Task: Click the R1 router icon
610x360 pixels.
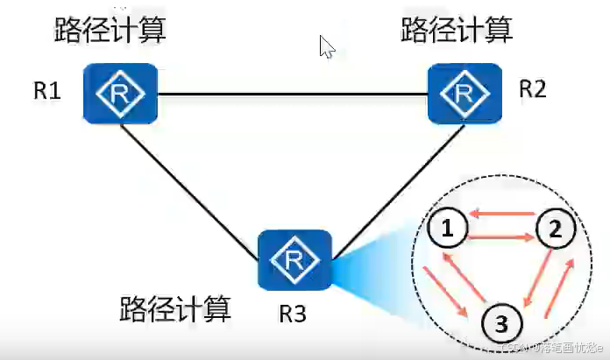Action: pos(120,94)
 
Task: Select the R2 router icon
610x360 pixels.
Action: pos(464,93)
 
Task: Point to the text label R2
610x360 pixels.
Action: pos(532,89)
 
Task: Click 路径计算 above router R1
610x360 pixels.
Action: pos(110,31)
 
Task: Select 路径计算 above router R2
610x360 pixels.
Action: pos(457,30)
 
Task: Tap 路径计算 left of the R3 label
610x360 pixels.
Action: pos(175,308)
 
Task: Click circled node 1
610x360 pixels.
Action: pos(448,229)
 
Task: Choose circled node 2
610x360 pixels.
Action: pos(554,230)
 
